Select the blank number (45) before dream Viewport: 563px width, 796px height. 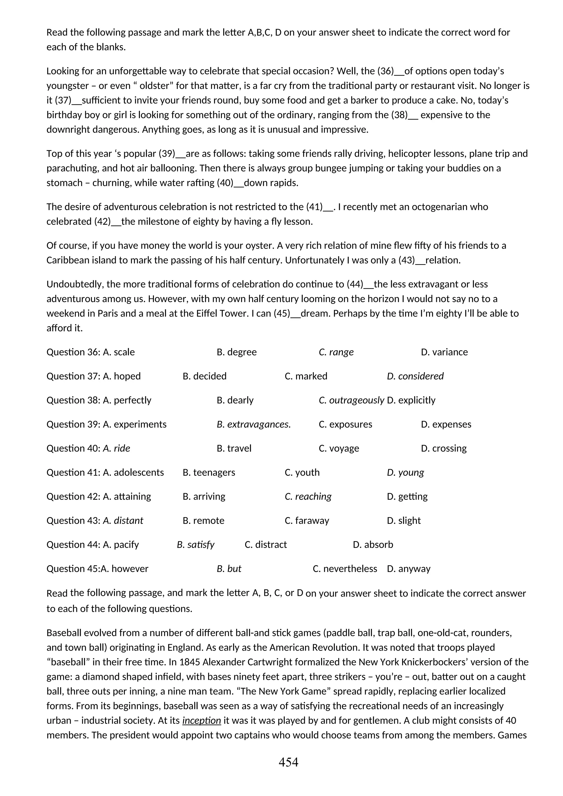pos(281,313)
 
